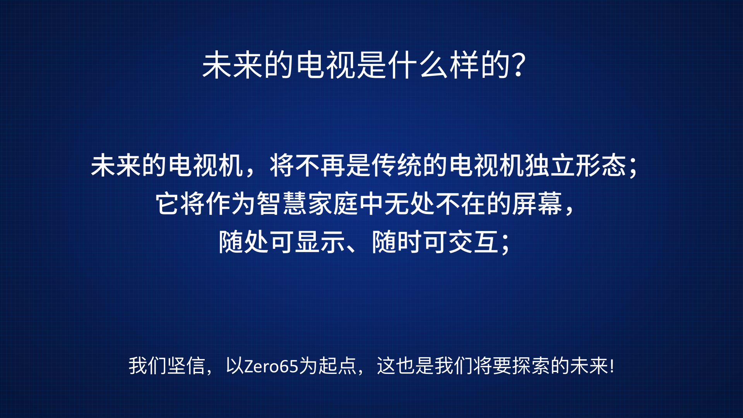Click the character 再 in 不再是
(333, 165)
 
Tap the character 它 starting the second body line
(168, 204)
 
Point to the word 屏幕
(538, 204)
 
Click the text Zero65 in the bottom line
(271, 366)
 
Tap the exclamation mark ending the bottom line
(612, 366)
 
